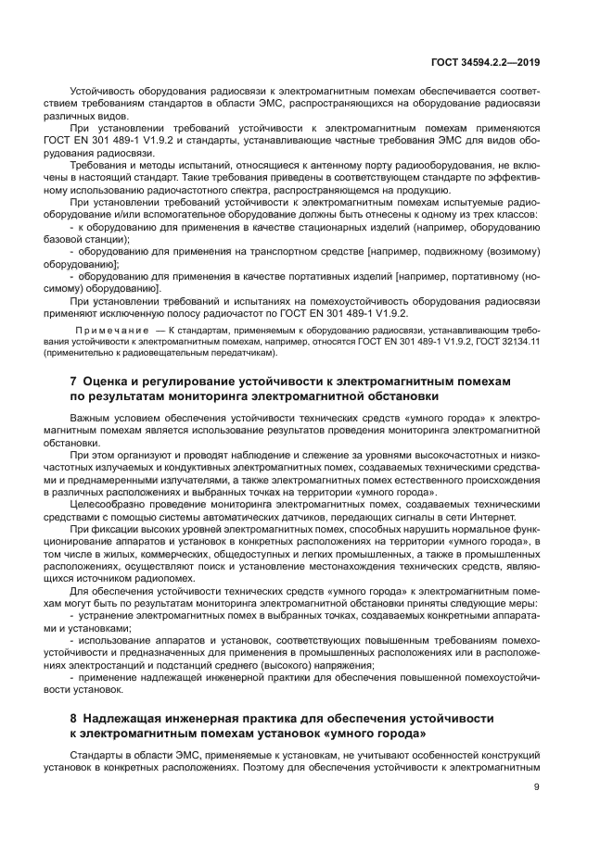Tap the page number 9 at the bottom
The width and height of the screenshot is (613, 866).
[537, 787]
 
